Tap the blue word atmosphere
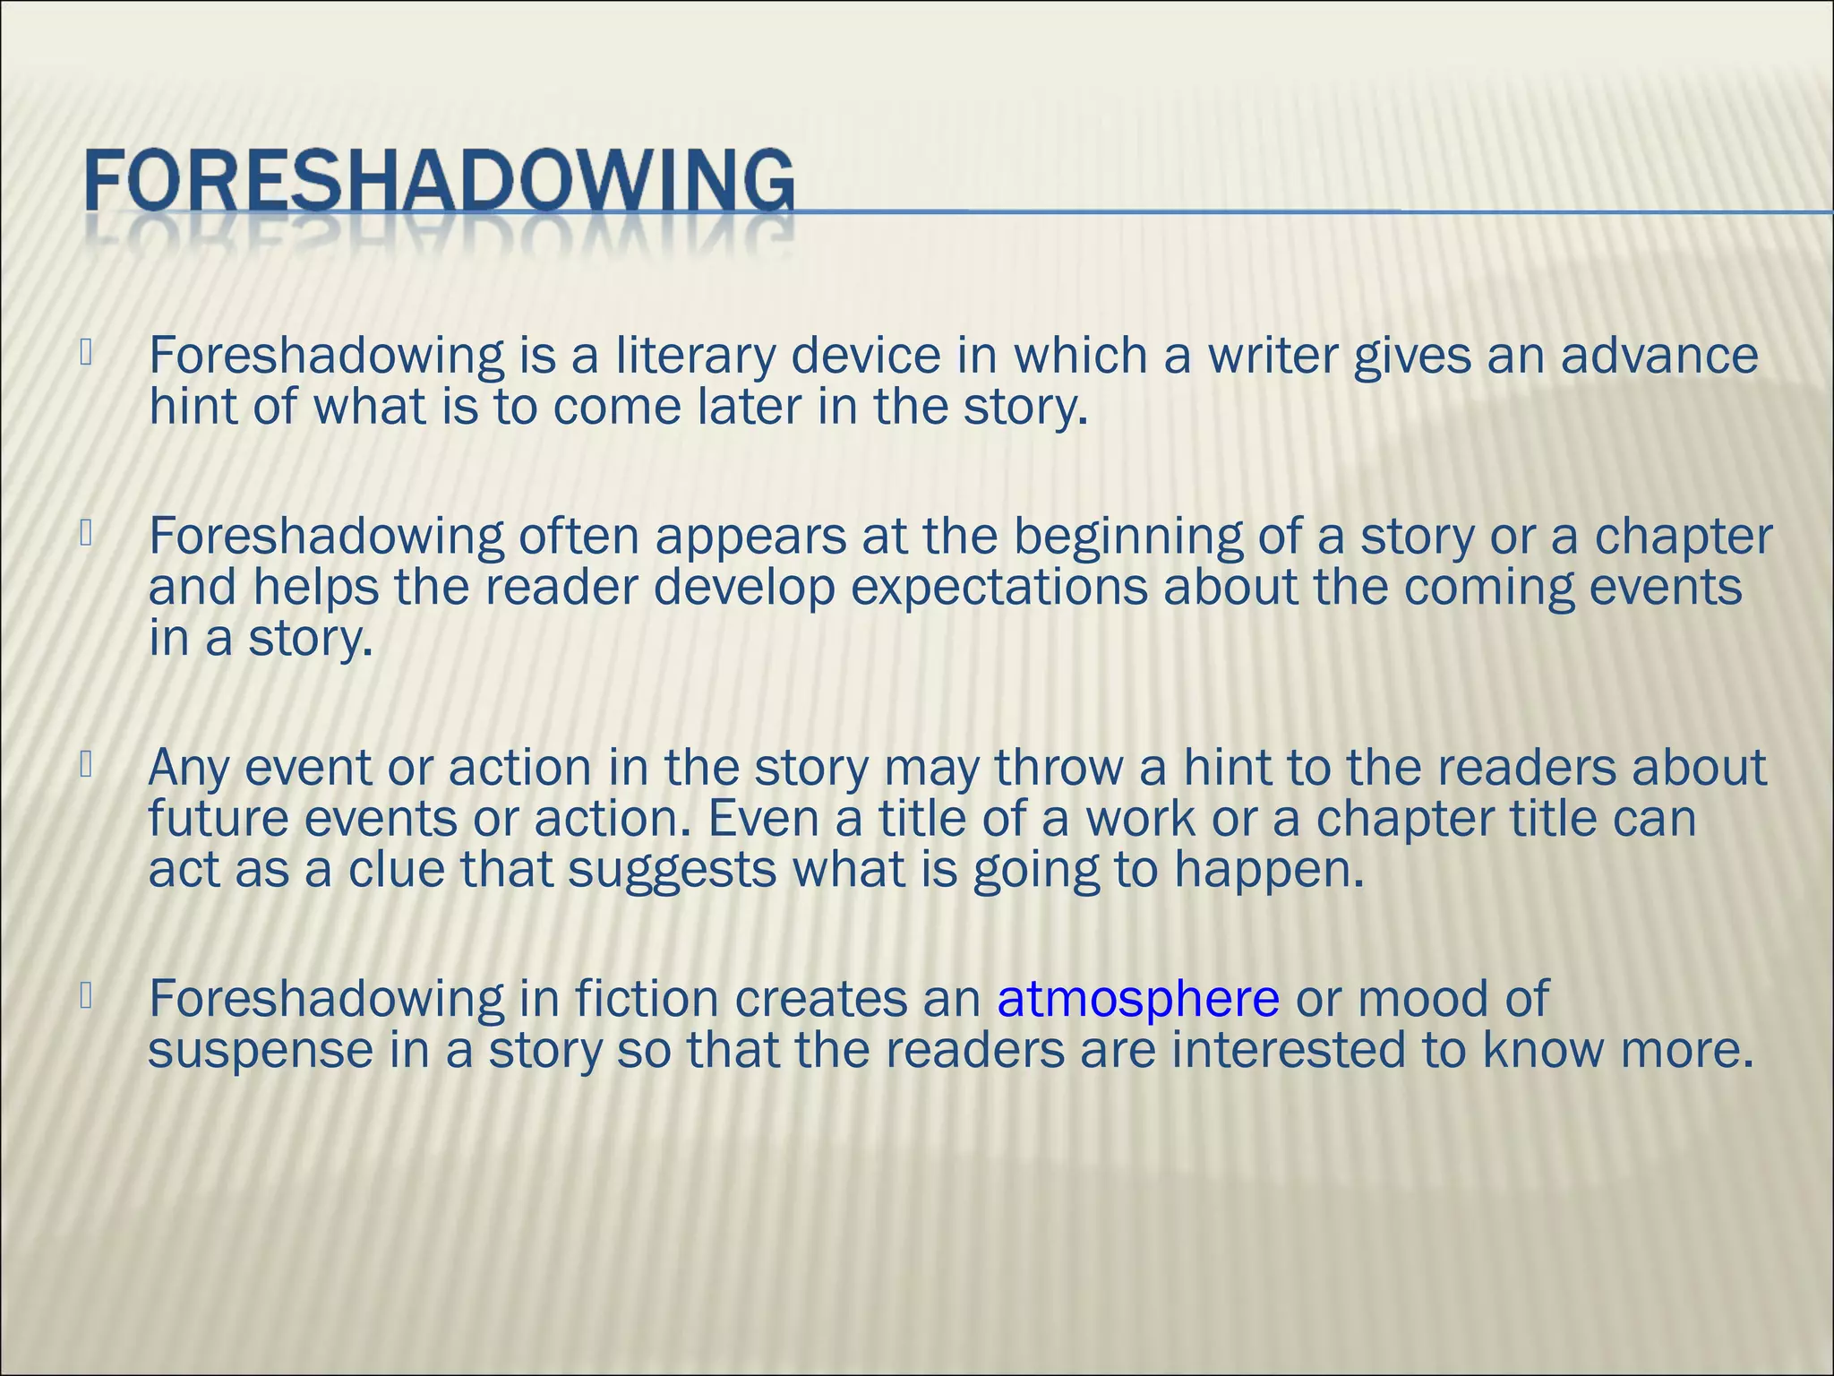pyautogui.click(x=1137, y=999)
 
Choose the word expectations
pyautogui.click(x=998, y=589)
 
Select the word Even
pyautogui.click(x=763, y=819)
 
